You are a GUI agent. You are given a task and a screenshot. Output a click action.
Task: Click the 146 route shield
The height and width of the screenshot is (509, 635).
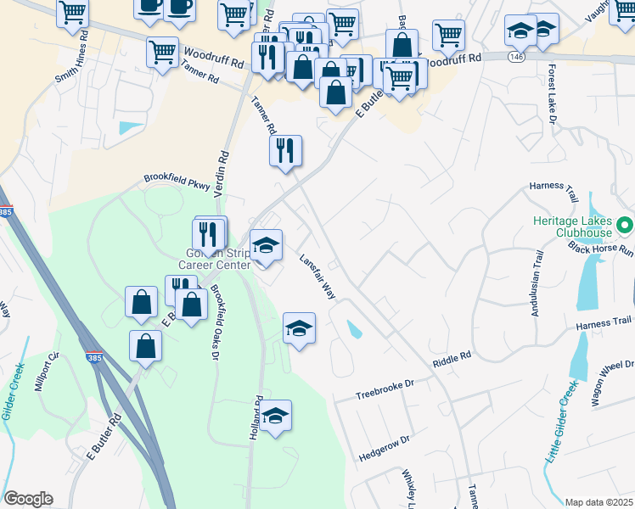tap(517, 56)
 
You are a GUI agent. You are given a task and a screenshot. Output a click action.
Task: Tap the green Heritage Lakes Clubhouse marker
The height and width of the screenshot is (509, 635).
tap(626, 225)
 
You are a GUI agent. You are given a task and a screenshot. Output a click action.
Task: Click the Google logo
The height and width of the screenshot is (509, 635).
tap(28, 499)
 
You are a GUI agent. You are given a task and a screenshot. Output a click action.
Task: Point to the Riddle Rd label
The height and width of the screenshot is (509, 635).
tap(451, 359)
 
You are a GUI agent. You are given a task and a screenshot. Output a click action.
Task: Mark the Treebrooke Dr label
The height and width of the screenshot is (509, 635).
tap(385, 389)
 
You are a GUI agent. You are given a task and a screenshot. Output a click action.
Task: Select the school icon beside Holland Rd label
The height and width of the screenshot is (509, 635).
tap(275, 417)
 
